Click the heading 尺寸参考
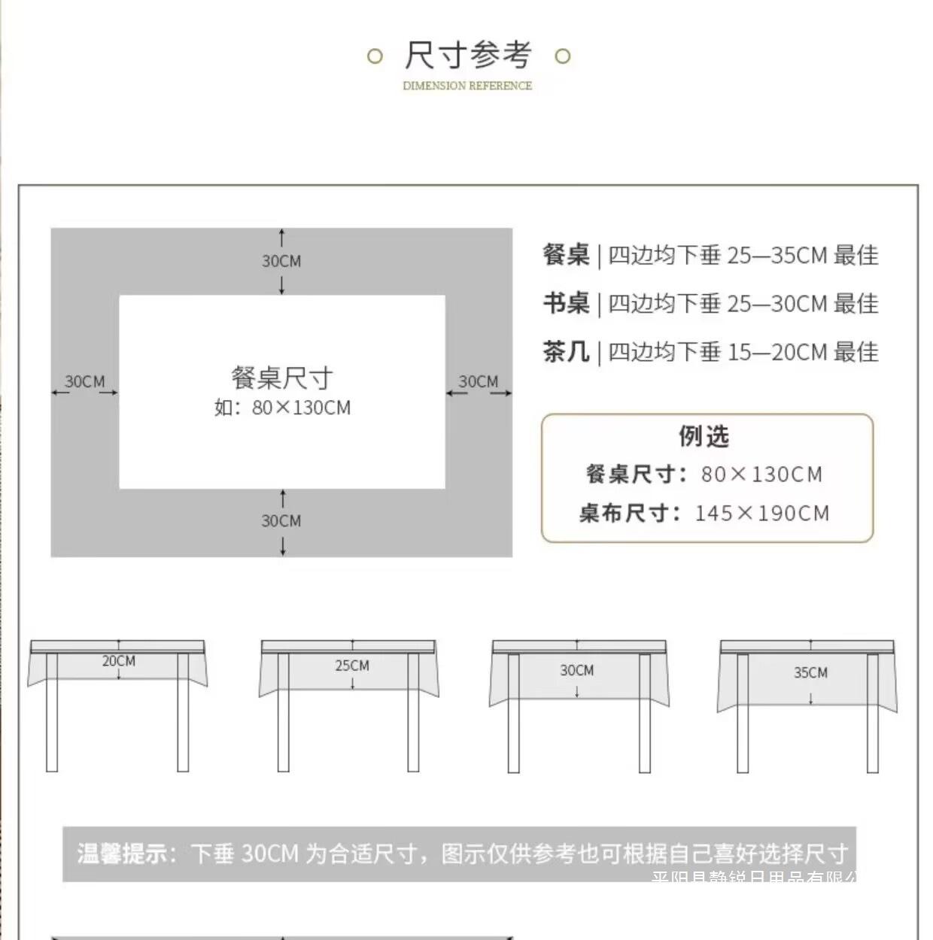(x=468, y=56)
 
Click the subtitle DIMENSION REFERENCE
(x=467, y=86)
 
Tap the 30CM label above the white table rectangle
(x=281, y=261)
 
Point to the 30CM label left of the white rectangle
(x=85, y=381)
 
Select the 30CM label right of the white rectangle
(x=479, y=381)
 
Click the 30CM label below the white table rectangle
(x=281, y=520)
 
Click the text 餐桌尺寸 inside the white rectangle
(x=282, y=378)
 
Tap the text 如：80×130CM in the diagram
(x=282, y=408)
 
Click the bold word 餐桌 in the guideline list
(x=566, y=255)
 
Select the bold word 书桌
(x=566, y=303)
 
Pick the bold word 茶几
(x=566, y=351)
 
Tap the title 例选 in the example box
(x=704, y=436)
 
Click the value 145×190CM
(x=761, y=513)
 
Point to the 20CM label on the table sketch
(x=119, y=661)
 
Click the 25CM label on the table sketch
(x=352, y=666)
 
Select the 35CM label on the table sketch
(x=810, y=672)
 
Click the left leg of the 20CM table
(x=52, y=711)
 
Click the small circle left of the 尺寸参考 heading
(x=375, y=56)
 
